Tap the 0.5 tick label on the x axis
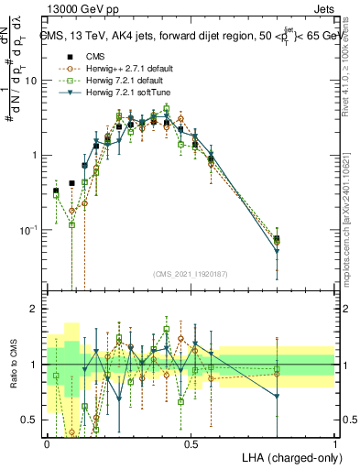point(191,443)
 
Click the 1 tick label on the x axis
point(334,443)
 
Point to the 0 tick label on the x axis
point(47,443)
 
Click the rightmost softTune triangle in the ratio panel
point(277,397)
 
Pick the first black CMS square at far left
point(56,191)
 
